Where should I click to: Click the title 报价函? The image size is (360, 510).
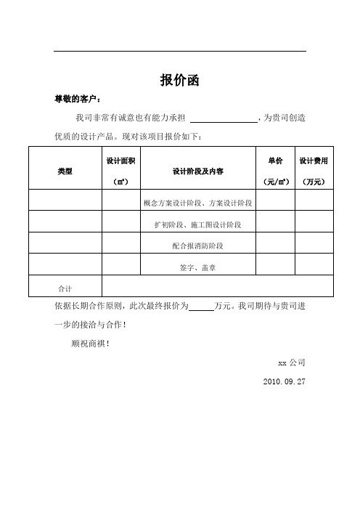[179, 80]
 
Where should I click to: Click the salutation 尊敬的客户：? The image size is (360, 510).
[75, 99]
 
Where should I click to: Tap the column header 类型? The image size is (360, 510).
[64, 170]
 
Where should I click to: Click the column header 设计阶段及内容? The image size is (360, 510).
[197, 171]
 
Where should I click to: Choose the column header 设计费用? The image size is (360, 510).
[314, 159]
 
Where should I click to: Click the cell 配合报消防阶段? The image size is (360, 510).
[197, 246]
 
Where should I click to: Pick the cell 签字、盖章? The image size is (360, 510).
[197, 267]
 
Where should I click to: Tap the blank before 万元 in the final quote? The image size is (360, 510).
[201, 307]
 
